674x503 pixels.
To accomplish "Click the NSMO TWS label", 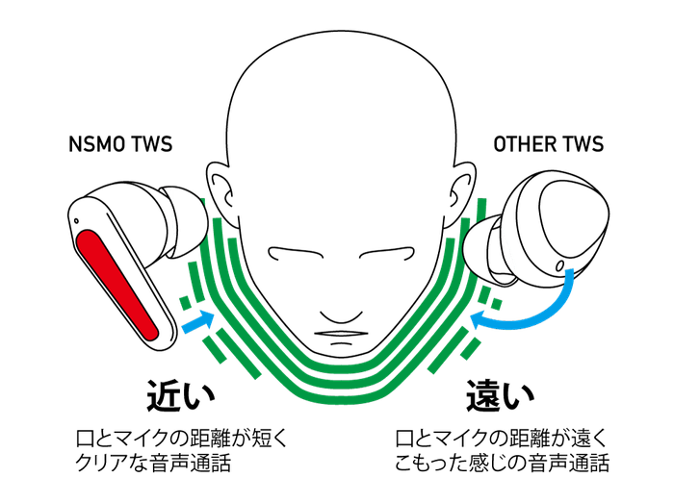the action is coord(120,144).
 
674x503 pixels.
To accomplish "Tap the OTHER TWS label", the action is coord(549,144).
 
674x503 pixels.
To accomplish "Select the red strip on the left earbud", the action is coord(117,285).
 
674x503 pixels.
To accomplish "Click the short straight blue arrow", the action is coord(198,321).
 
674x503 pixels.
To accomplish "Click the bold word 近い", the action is coord(181,395).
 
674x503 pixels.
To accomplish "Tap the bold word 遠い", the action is coord(501,395).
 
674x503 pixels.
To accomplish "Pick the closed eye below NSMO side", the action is coord(296,253).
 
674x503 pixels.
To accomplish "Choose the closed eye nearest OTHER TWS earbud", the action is coord(387,253).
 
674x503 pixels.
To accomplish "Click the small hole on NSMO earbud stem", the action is coord(76,221).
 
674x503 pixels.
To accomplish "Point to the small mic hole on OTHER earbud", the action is coord(559,265).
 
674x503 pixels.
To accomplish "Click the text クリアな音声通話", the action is coord(153,463).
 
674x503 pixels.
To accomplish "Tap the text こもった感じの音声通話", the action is coord(502,463).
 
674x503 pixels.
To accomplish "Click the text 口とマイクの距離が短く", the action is coord(181,439).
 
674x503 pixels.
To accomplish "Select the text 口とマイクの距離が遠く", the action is coord(502,439).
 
